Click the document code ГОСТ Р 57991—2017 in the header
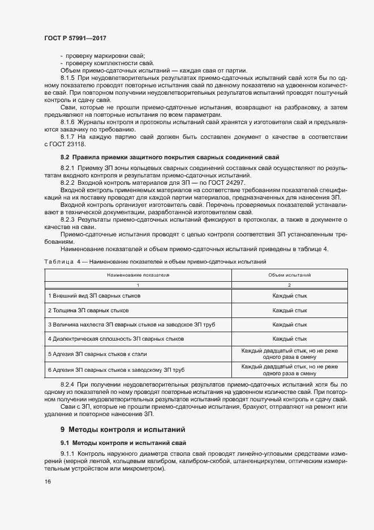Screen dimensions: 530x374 tap(75, 38)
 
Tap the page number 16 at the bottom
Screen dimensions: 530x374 tap(48, 481)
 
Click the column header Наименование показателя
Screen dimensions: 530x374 tap(139, 274)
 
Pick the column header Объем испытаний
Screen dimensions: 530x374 tap(290, 274)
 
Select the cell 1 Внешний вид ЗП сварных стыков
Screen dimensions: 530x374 tap(94, 296)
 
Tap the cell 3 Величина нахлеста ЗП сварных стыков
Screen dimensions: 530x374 tap(131, 325)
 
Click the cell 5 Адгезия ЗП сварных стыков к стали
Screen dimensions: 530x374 tap(97, 354)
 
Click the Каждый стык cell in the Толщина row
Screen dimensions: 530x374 tap(290, 311)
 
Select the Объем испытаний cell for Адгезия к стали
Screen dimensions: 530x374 tap(290, 354)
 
